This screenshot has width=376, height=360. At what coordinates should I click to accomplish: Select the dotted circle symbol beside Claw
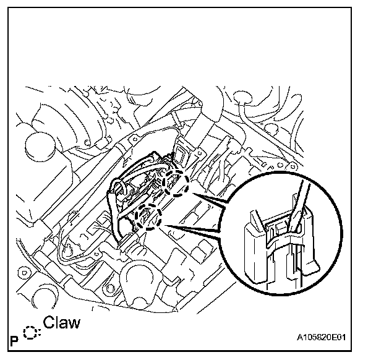31,333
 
